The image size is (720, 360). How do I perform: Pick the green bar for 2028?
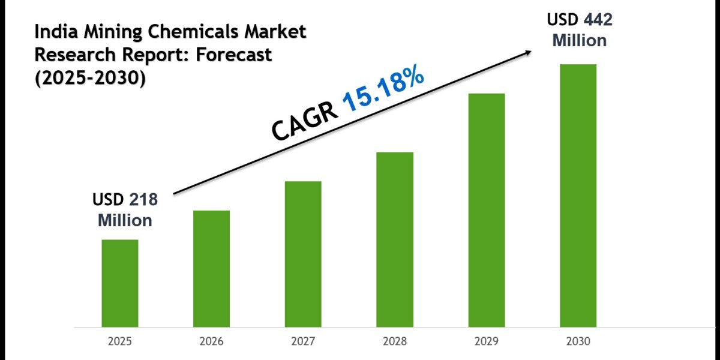pos(395,239)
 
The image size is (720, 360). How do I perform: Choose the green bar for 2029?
pos(487,210)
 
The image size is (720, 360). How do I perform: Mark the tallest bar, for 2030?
pos(578,196)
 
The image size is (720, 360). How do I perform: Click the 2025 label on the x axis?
pos(119,342)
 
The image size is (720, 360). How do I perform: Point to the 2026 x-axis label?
pos(211,342)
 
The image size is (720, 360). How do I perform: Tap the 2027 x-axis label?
pos(303,342)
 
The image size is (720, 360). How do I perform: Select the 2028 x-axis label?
pos(395,342)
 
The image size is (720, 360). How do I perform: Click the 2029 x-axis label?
pos(487,342)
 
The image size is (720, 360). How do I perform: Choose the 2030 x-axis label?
pos(578,342)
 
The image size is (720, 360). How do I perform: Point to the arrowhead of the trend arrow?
pos(527,52)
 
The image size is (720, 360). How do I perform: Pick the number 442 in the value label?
pos(599,20)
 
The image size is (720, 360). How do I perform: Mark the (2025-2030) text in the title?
pos(90,78)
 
